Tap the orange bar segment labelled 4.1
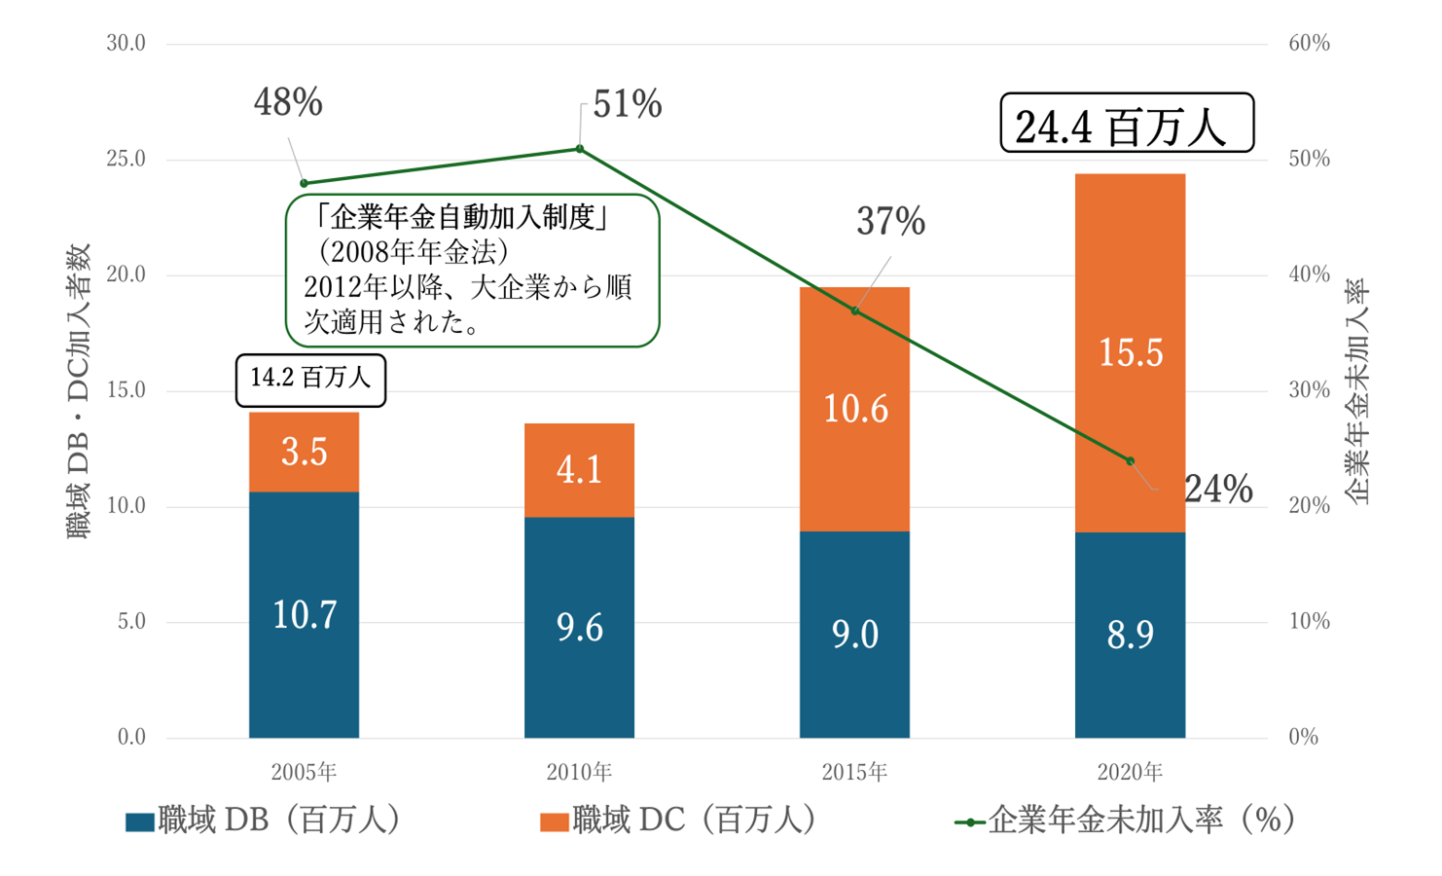579,470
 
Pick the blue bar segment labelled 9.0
854,633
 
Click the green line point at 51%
580,149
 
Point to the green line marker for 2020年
1130,460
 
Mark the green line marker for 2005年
304,183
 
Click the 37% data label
890,222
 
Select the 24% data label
1218,489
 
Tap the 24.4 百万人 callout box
1127,124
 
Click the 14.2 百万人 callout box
310,380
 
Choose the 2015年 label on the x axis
854,773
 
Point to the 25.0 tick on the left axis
126,159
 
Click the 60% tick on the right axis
1309,43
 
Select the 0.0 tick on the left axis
131,737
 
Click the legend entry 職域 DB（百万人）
264,821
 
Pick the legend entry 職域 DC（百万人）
679,821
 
